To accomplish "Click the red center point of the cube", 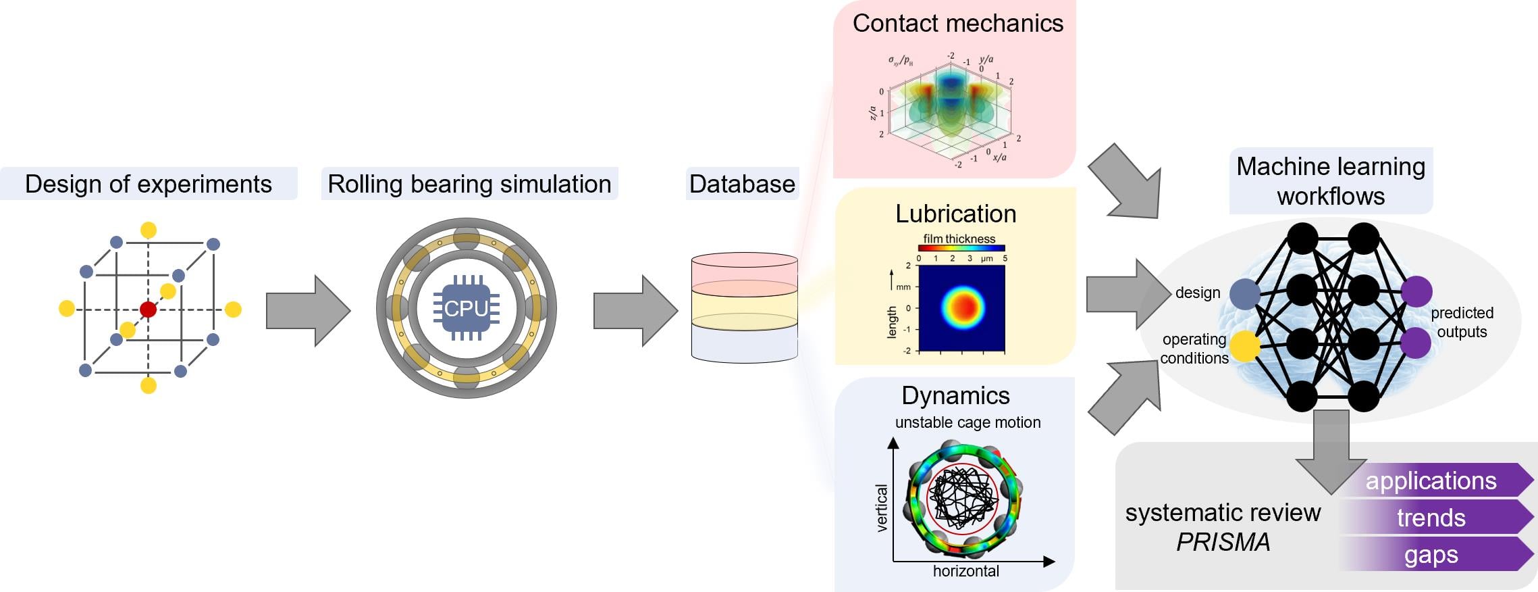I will [x=148, y=310].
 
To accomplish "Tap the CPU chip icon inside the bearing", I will [x=466, y=308].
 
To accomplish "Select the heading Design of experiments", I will [x=149, y=184].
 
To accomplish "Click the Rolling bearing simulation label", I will [x=469, y=184].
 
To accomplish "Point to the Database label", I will [x=742, y=184].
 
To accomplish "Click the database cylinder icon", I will [x=744, y=307].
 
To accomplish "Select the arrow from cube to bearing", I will [x=308, y=311].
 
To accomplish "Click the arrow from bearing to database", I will [x=635, y=311].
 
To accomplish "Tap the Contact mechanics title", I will [x=957, y=24].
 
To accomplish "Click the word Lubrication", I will [x=955, y=214].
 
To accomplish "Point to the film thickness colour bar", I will [x=961, y=248].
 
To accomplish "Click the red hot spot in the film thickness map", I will [x=965, y=307].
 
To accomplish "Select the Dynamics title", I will [x=955, y=395].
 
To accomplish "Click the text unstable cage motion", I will [x=967, y=422].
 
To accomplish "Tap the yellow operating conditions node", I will [x=1244, y=346].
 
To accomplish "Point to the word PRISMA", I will [x=1223, y=542].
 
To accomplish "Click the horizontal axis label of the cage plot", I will [x=965, y=571].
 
